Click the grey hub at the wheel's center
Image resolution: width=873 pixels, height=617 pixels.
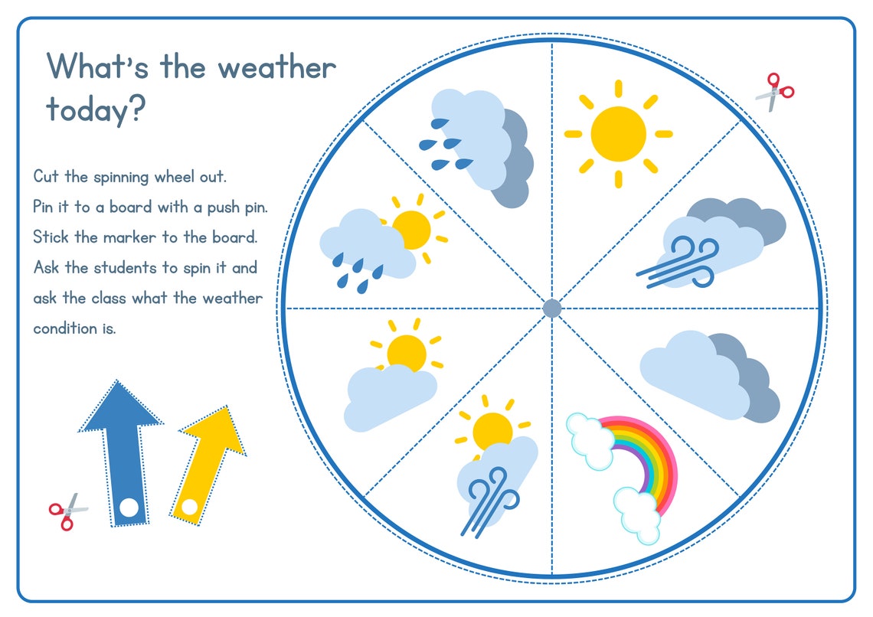(552, 308)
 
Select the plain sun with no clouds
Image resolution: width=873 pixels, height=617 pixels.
(618, 134)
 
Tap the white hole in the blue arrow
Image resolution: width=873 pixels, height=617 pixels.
(129, 506)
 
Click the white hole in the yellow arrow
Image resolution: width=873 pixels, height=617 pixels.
(188, 506)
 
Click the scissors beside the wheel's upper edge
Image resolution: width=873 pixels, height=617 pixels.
(775, 92)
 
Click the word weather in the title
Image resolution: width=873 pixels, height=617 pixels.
(276, 67)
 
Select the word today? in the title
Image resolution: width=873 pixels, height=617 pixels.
(95, 109)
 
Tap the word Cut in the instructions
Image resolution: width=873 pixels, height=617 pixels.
(46, 176)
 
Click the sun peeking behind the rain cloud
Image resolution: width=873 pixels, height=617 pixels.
(413, 229)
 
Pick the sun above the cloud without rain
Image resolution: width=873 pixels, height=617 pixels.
(405, 352)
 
